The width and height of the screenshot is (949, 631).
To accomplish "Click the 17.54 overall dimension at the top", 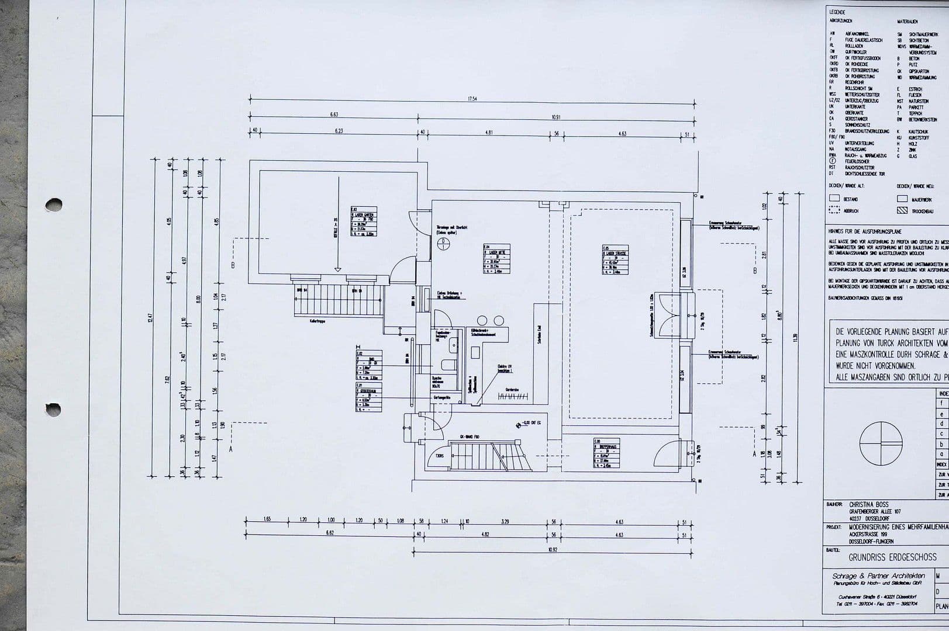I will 472,99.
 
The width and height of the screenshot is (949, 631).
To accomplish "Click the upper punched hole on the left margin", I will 54,204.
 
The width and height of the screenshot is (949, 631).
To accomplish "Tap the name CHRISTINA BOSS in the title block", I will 868,504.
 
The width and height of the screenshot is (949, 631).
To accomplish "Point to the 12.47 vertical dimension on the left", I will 150,318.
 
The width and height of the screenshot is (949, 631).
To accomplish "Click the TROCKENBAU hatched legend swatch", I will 902,210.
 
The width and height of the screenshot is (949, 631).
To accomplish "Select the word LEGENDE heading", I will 837,12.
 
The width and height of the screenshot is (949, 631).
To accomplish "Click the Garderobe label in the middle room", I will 512,389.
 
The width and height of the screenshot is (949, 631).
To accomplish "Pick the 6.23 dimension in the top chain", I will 339,131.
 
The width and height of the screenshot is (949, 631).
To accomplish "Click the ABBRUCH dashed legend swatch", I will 834,210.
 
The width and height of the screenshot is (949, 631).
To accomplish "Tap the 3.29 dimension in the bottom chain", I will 505,521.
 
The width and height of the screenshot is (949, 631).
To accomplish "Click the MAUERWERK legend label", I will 922,200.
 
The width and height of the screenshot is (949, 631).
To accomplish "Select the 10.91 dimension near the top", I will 555,116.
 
